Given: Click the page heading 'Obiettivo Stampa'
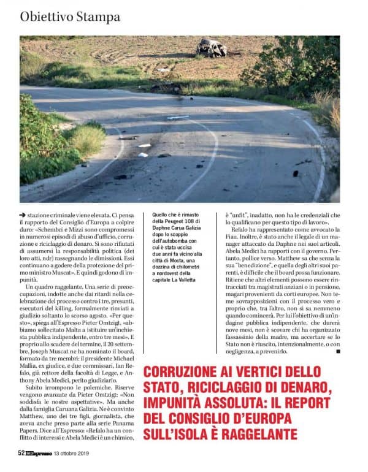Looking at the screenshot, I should (70, 17).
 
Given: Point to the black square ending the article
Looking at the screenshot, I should (338, 352).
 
